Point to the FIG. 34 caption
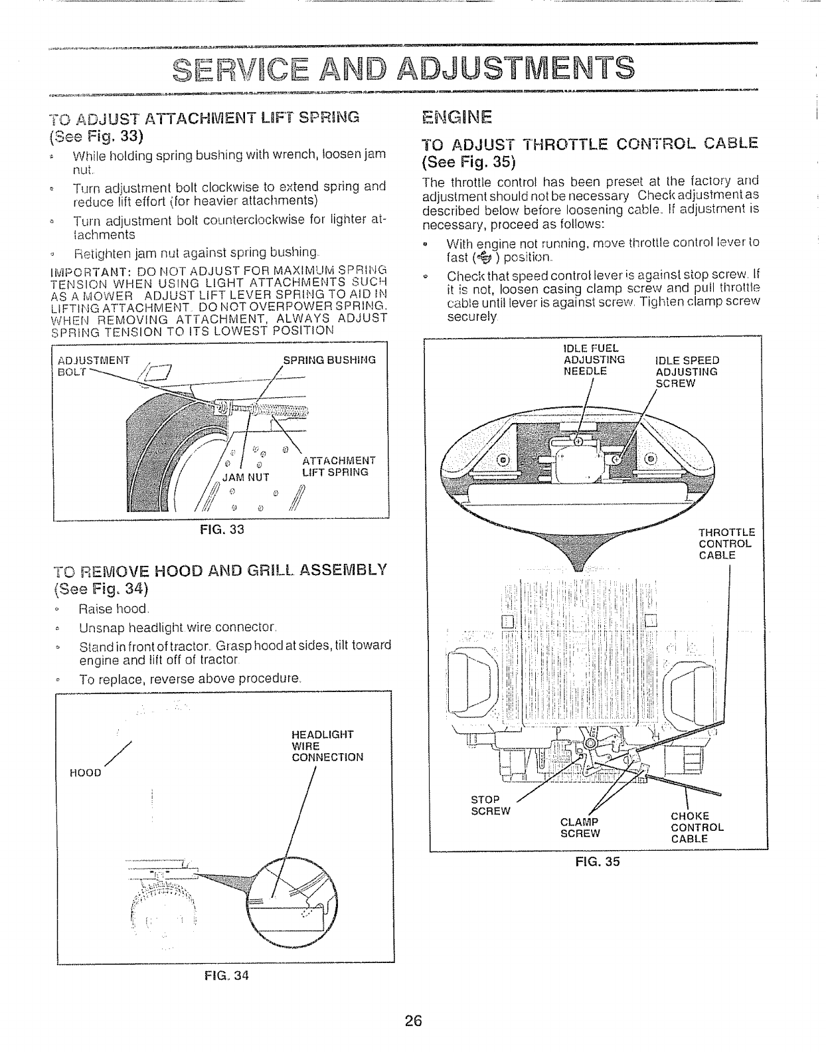(226, 976)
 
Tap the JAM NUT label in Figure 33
(245, 476)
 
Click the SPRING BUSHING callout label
(329, 360)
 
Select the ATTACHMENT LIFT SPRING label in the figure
(339, 466)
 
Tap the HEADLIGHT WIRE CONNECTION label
(327, 745)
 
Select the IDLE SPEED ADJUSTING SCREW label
(687, 371)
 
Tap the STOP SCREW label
(491, 804)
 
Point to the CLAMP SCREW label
(580, 827)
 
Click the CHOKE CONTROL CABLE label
(697, 827)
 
